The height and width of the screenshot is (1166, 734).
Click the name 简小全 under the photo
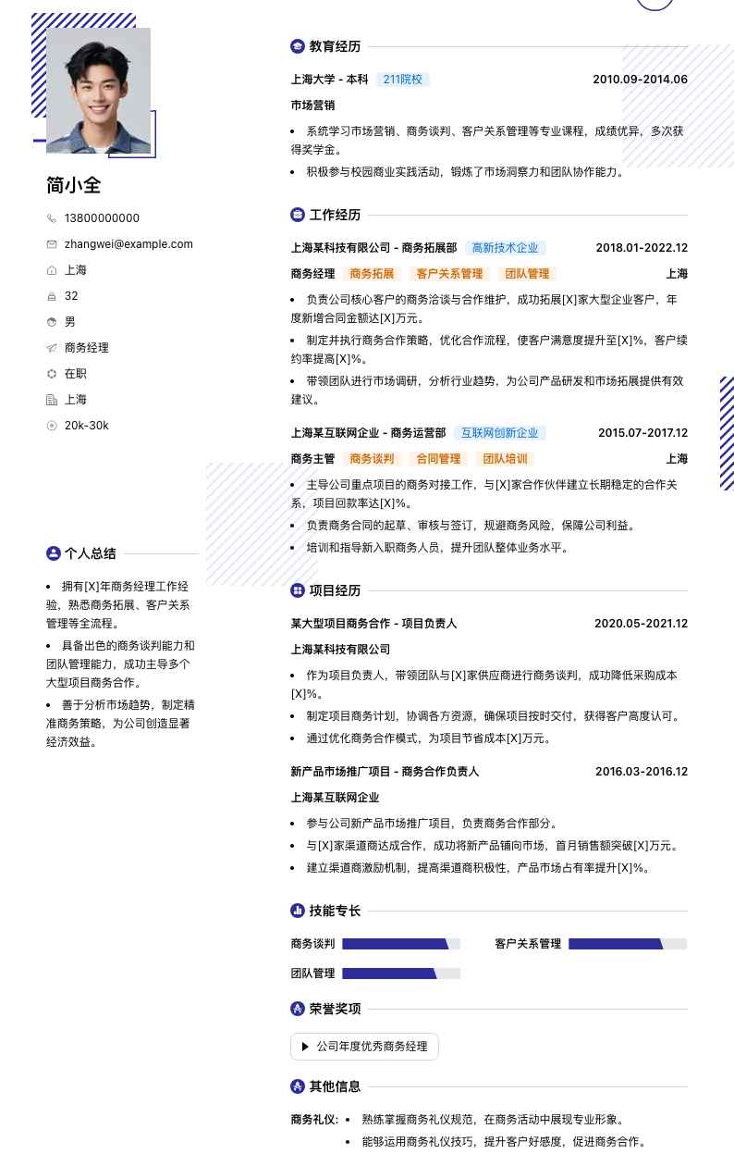pos(73,185)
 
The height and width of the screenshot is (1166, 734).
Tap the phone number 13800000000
pos(102,218)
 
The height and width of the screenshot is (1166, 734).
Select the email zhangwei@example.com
pos(128,244)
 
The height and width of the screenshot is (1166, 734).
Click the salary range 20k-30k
pos(86,426)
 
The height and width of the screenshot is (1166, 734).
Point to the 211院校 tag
pos(402,80)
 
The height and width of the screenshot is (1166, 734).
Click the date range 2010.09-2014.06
pos(640,80)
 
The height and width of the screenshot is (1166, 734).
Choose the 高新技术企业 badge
pos(505,248)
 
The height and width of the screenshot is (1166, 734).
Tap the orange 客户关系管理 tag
pos(449,274)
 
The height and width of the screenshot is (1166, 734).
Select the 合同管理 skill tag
pos(438,459)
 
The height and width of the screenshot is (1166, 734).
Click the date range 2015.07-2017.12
pos(642,433)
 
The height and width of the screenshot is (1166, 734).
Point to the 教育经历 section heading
pos(335,46)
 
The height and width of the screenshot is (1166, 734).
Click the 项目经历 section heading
pos(335,590)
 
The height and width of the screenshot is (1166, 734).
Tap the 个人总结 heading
pos(90,553)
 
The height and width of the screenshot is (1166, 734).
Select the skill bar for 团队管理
pos(400,974)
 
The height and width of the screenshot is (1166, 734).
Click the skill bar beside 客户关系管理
pos(627,944)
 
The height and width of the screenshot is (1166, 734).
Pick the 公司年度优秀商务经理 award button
pos(364,1047)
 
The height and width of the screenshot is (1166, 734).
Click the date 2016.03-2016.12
pos(641,772)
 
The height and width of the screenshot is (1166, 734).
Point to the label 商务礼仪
pos(314,1120)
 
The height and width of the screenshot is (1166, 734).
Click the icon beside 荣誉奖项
pos(298,1009)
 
